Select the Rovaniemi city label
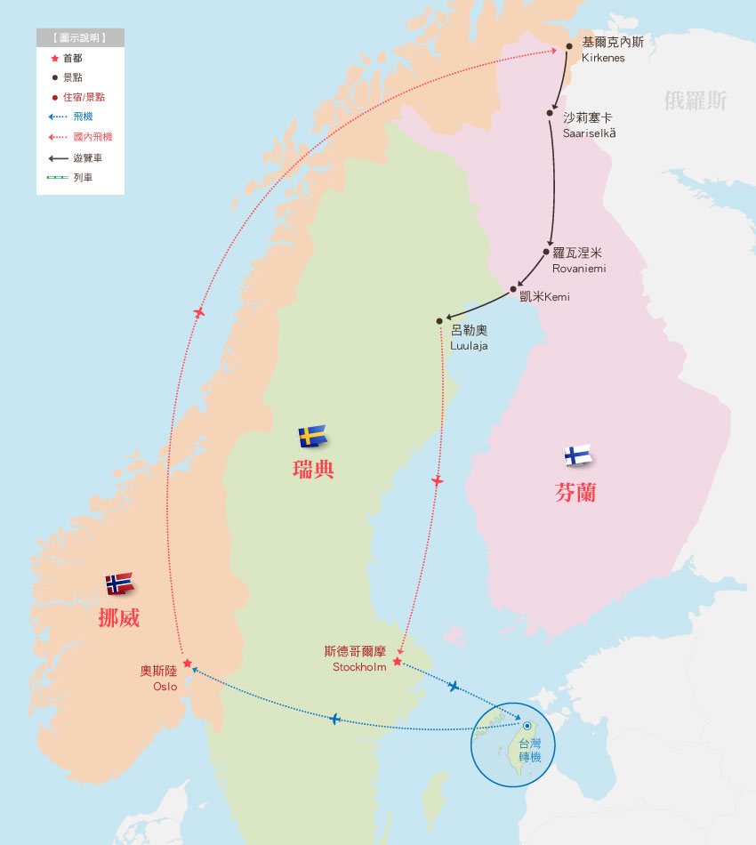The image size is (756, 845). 578,261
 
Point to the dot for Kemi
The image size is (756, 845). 513,289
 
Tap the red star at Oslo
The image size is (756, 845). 187,663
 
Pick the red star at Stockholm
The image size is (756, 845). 397,661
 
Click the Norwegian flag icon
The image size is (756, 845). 119,583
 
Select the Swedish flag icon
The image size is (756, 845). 312,436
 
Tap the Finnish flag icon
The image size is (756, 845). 578,455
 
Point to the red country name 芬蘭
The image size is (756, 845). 575,492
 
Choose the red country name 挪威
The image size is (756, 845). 118,618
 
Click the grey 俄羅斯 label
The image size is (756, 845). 696,100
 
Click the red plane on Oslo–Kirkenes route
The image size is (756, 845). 199,312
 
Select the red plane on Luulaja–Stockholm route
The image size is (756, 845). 437,480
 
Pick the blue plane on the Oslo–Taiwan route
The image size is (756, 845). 334,719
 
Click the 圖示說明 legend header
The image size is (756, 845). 80,38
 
